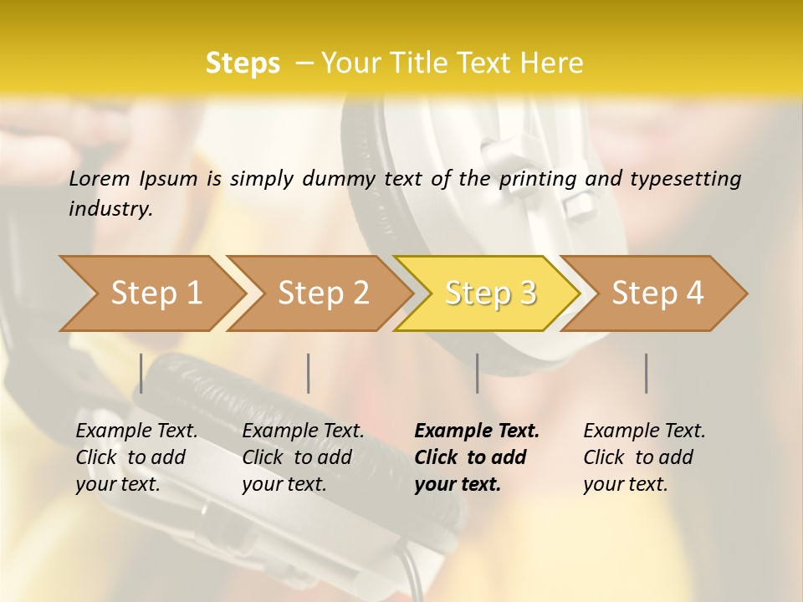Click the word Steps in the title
click(x=243, y=64)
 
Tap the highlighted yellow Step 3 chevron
click(x=490, y=293)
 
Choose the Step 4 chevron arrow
click(x=657, y=293)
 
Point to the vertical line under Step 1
click(x=141, y=373)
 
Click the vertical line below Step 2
click(x=309, y=373)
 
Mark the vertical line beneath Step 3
click(x=477, y=373)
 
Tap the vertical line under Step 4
click(x=646, y=373)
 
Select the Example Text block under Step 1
click(x=136, y=457)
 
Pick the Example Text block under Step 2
click(x=302, y=457)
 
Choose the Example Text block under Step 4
click(x=643, y=457)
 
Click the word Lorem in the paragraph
click(x=100, y=178)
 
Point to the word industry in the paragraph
click(x=110, y=209)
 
